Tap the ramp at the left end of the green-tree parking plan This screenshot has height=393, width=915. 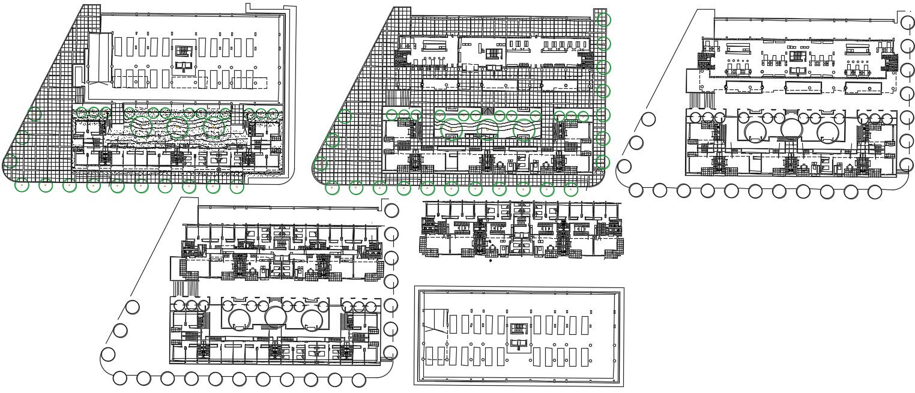(x=100, y=58)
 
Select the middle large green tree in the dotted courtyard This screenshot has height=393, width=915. (x=178, y=128)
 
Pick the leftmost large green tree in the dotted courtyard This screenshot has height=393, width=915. (x=142, y=127)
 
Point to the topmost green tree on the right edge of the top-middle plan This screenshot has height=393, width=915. (x=603, y=20)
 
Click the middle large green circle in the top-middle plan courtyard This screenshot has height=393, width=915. (x=488, y=129)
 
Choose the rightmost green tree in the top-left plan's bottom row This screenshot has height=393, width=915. (x=237, y=187)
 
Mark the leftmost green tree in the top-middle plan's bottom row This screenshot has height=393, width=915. (x=332, y=188)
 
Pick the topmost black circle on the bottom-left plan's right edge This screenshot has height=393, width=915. (x=391, y=211)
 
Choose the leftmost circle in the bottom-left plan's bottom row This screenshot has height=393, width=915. (x=120, y=378)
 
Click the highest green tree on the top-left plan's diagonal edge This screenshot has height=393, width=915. (x=35, y=114)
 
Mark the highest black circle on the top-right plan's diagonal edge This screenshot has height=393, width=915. (x=648, y=119)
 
